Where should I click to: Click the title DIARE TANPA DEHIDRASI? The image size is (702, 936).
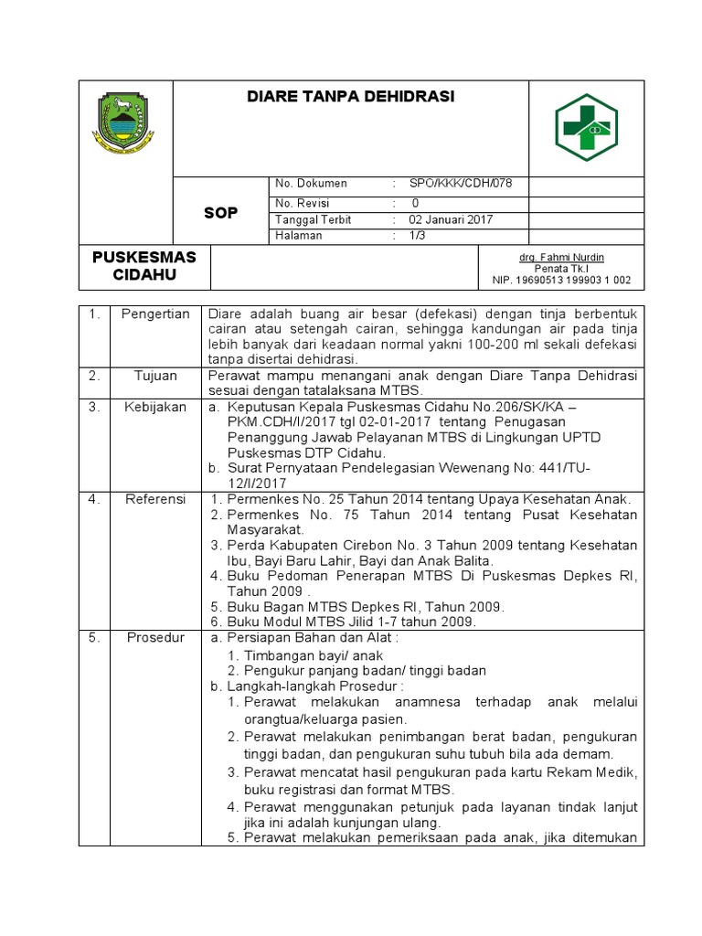coord(351,97)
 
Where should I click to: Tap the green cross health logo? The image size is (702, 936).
coord(586,127)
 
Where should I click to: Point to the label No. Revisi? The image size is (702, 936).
coord(303,203)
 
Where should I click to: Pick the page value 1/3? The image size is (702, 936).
coord(418,236)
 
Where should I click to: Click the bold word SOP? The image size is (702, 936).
coord(219,212)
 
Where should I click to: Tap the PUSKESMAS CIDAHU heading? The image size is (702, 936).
coord(144,266)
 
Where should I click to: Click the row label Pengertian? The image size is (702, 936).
coord(154,314)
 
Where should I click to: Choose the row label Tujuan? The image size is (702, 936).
coord(154,376)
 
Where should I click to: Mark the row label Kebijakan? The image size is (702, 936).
coord(154,407)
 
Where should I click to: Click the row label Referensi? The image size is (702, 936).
coord(154,499)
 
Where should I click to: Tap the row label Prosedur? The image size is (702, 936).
coord(154,637)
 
